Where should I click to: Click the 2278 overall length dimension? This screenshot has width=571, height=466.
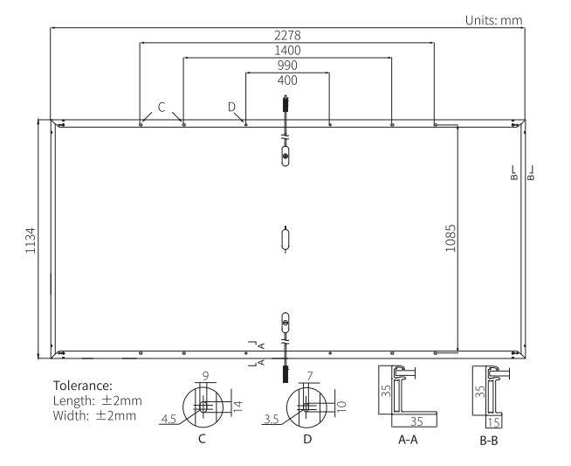(x=286, y=37)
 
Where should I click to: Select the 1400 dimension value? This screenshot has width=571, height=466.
(x=286, y=52)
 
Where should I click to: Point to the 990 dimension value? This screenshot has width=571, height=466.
(x=286, y=66)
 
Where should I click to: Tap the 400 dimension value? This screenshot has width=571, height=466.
(x=286, y=80)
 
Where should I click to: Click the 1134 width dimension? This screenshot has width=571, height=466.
(x=31, y=239)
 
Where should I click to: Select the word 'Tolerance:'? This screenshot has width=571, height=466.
(x=85, y=386)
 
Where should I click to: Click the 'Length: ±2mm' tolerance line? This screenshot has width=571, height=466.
(x=98, y=400)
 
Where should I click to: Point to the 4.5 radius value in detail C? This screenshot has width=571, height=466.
(x=168, y=420)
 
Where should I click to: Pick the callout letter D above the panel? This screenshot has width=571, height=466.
(x=231, y=107)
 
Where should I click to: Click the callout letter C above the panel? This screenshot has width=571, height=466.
(x=162, y=107)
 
